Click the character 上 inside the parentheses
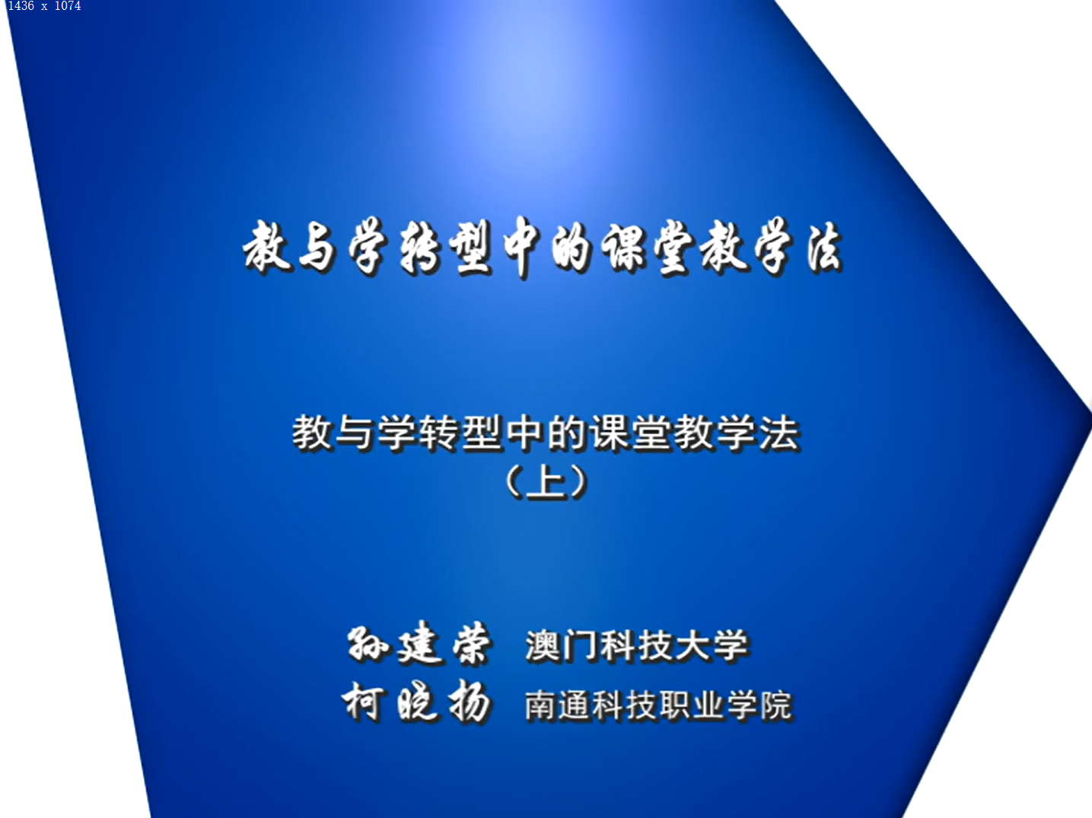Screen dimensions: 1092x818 coord(546,481)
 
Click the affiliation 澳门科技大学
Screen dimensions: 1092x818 coord(637,646)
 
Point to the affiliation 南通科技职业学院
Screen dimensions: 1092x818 coord(657,705)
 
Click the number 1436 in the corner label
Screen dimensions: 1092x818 coord(21,6)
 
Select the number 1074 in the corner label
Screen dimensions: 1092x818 coord(68,6)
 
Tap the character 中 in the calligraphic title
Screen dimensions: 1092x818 coord(521,248)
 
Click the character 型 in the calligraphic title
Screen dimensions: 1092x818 coord(470,248)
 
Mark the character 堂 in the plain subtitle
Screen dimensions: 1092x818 coord(653,433)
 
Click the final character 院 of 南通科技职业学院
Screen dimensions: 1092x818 coord(775,705)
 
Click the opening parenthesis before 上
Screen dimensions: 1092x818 coord(513,481)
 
